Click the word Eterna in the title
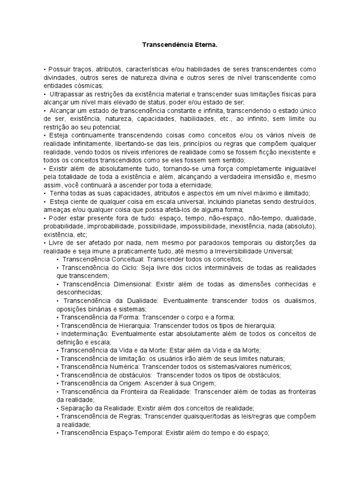(x=205, y=45)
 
